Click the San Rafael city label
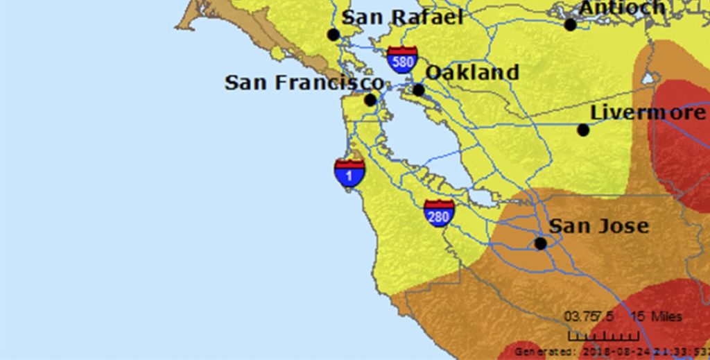[402, 17]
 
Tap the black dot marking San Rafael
[334, 35]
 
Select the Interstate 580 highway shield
[402, 60]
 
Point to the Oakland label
[471, 72]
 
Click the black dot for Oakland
[418, 89]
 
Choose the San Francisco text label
[304, 83]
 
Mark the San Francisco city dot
[370, 100]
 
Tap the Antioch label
[622, 8]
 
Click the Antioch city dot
[570, 24]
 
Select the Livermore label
[648, 112]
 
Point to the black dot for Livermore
[583, 130]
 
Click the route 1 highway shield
[349, 173]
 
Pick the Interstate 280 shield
[439, 213]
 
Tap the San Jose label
[598, 226]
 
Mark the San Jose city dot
[540, 243]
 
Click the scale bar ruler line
[594, 336]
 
